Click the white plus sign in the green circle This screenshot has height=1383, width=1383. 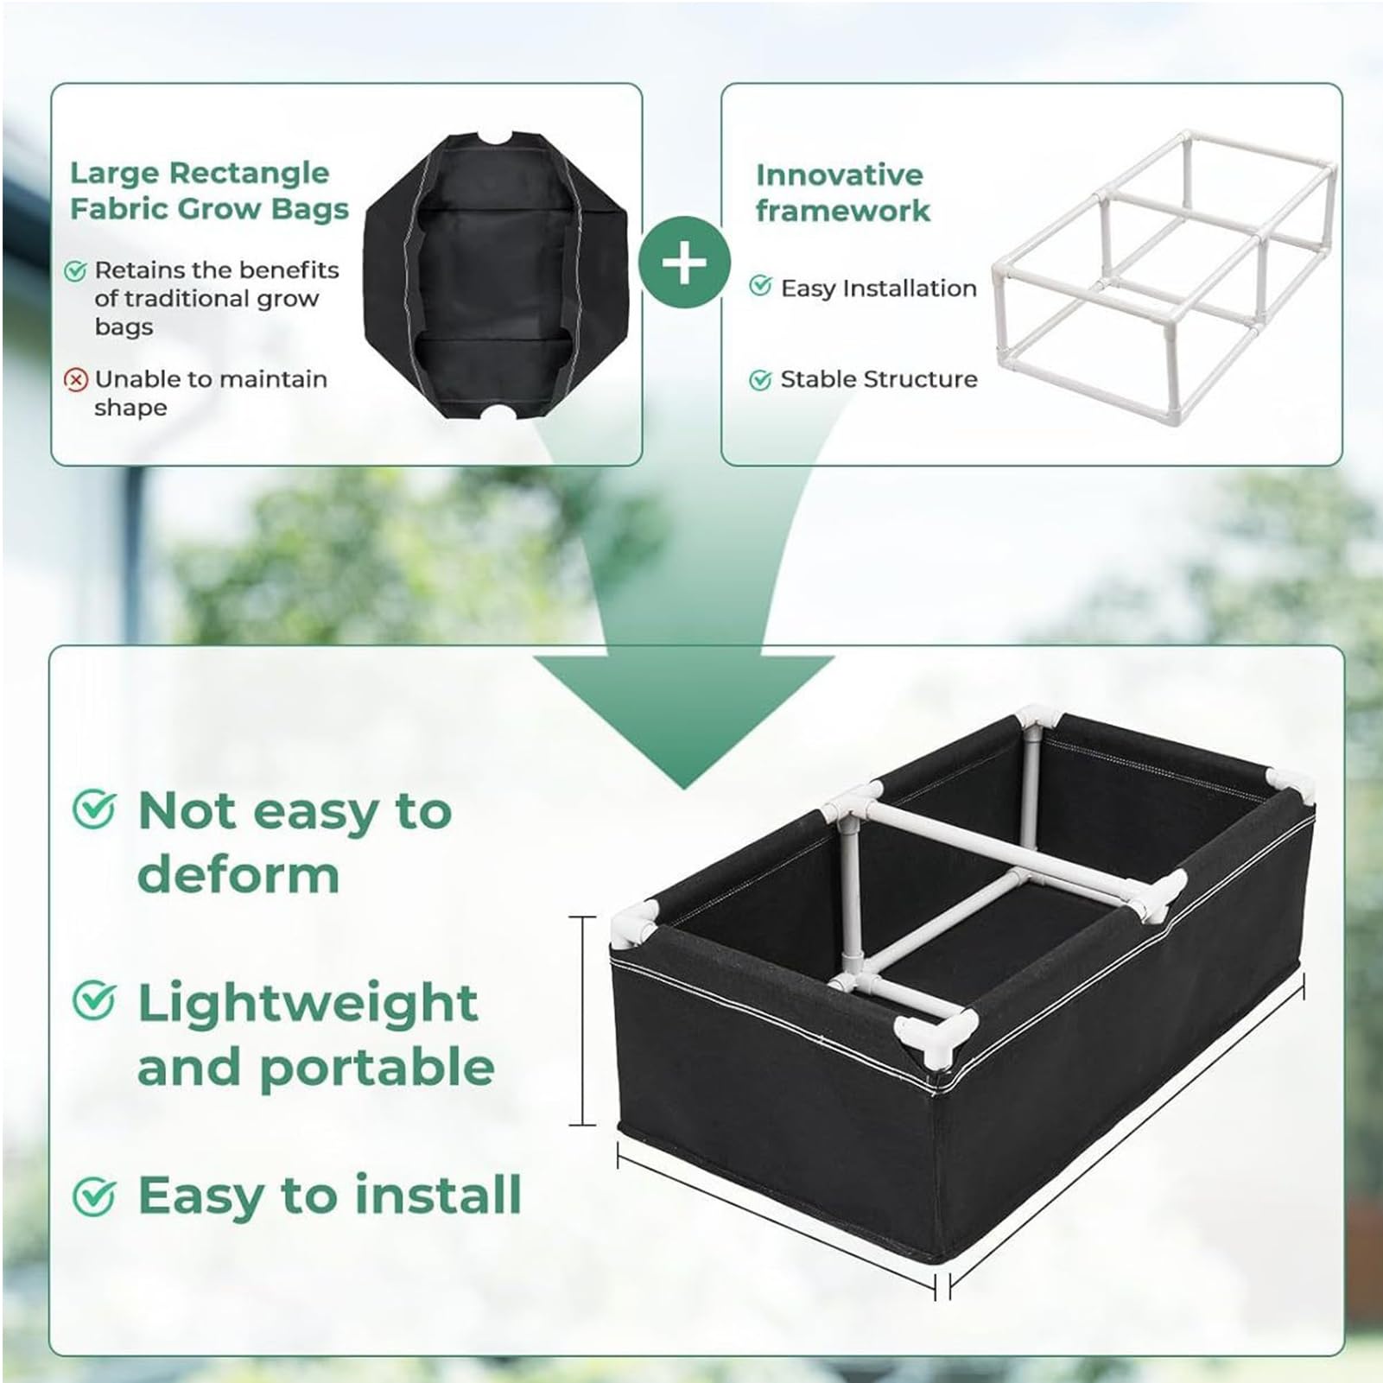683,263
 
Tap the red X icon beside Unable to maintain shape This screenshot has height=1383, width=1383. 76,379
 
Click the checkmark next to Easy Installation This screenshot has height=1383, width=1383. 760,285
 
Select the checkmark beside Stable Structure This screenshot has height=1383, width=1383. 760,379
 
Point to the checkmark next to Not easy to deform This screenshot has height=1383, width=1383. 93,810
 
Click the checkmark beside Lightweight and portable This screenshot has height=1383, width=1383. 93,1001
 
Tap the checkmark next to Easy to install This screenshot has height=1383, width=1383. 93,1196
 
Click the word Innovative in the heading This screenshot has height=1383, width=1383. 840,174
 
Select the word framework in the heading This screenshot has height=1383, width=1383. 843,210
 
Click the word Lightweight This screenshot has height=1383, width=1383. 308,1005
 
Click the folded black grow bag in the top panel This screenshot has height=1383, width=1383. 496,276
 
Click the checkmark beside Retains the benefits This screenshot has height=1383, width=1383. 76,270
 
